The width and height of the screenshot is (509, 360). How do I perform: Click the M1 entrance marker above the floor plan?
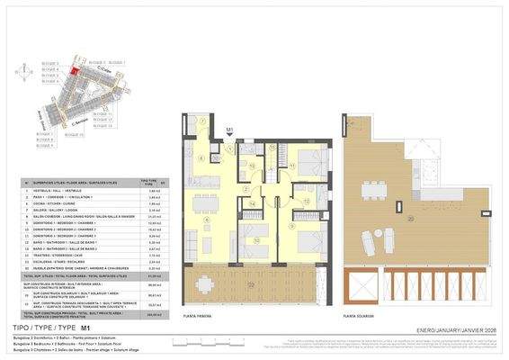tap(230, 131)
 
